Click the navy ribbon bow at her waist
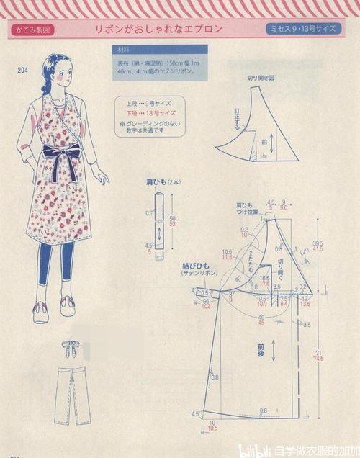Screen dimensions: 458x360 point(69,152)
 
